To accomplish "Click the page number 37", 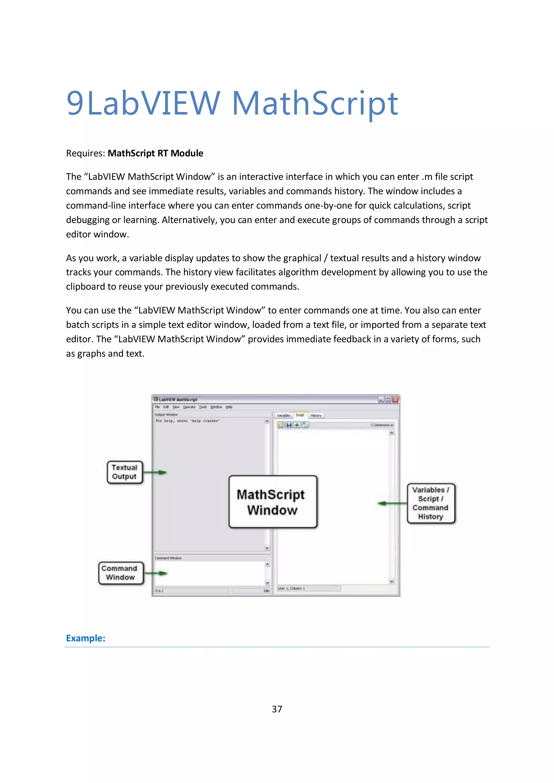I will click(x=277, y=709).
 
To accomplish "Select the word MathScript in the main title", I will click(x=315, y=103).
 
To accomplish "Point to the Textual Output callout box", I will click(x=124, y=472).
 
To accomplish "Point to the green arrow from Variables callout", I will click(x=392, y=503).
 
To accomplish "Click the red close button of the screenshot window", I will click(x=395, y=400).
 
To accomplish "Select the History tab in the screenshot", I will click(x=316, y=415).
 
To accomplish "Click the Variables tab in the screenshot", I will click(x=283, y=415).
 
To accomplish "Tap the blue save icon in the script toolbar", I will click(x=289, y=425).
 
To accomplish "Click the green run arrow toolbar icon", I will click(x=297, y=425).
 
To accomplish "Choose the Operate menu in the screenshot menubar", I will click(x=189, y=407).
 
